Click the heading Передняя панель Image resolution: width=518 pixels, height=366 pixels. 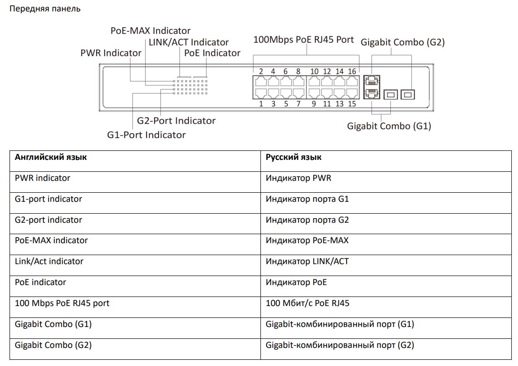(x=45, y=9)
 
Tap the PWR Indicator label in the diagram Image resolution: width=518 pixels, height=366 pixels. (x=110, y=53)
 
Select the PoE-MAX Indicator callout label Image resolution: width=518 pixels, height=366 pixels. (x=150, y=31)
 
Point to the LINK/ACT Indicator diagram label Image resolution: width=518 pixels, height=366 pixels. (x=189, y=42)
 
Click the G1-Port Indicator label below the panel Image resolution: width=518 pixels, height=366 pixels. (x=146, y=135)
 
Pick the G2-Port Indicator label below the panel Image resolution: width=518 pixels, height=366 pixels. (x=176, y=121)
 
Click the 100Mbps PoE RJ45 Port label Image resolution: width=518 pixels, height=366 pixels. (x=303, y=40)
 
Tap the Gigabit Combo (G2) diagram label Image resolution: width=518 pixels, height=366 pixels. (x=402, y=42)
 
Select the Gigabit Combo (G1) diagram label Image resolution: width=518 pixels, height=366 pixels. (x=389, y=126)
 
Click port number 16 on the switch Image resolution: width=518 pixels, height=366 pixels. (x=352, y=72)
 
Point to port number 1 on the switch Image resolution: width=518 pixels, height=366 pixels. (x=261, y=104)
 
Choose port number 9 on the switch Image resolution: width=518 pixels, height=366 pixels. (x=314, y=104)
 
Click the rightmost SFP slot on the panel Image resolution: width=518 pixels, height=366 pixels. (x=407, y=95)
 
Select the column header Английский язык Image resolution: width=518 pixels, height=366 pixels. (x=50, y=157)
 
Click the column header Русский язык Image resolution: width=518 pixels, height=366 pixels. (x=293, y=157)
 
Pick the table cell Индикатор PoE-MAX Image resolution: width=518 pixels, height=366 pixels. (x=307, y=240)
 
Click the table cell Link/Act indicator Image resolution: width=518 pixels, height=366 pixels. (x=49, y=261)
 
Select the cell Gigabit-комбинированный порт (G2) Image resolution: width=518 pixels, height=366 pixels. (x=340, y=345)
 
